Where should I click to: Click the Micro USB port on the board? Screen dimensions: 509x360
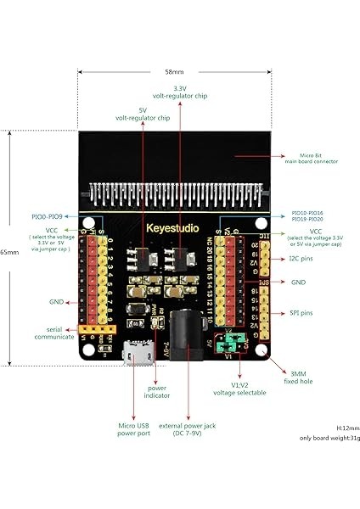click(111, 352)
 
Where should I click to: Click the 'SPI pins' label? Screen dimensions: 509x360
click(301, 313)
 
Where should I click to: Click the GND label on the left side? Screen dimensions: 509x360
click(57, 301)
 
